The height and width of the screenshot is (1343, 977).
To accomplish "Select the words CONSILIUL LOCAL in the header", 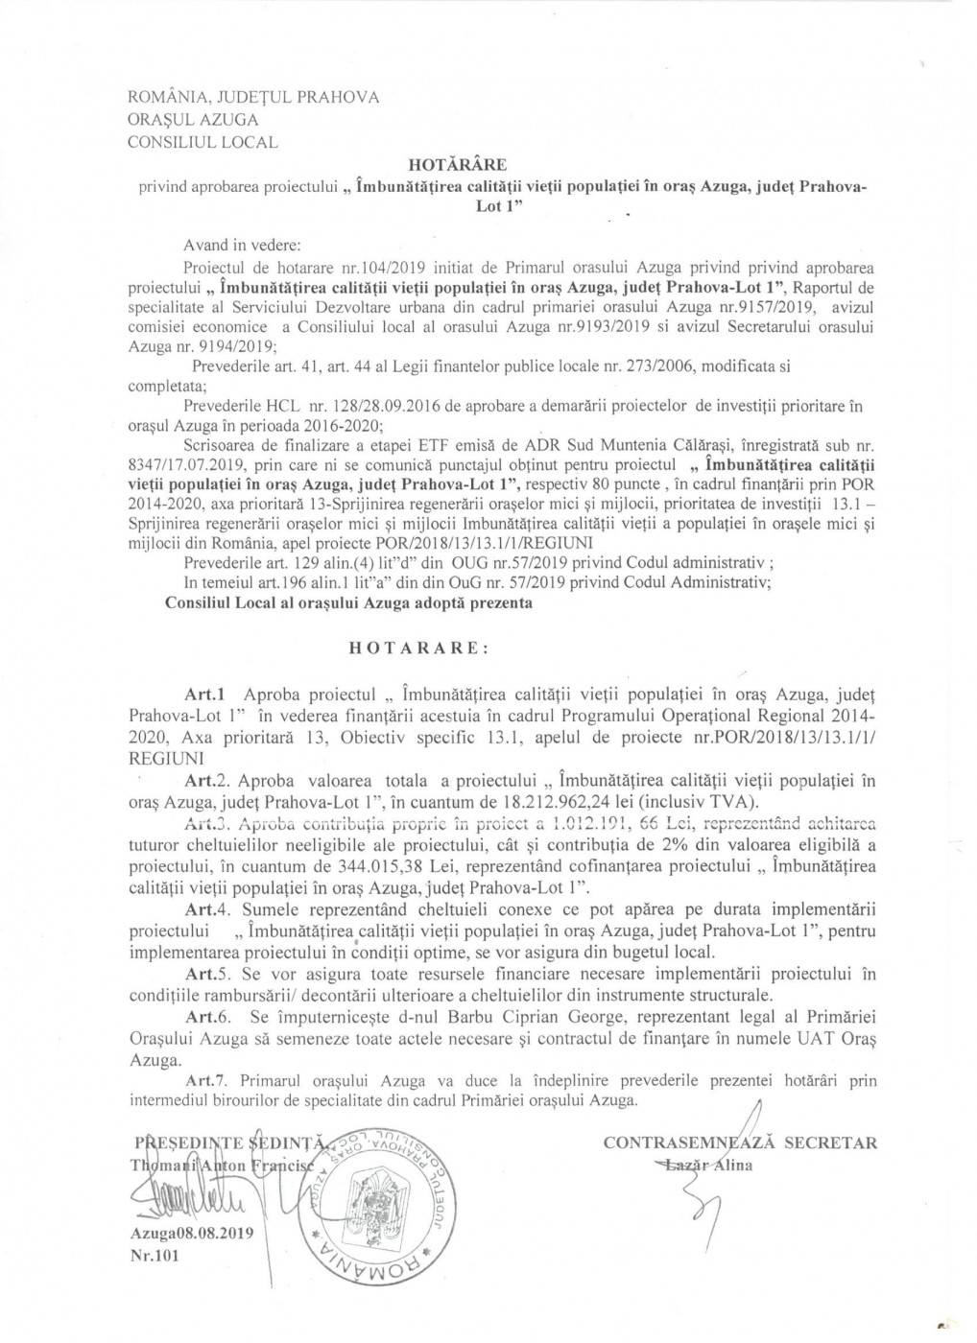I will (203, 143).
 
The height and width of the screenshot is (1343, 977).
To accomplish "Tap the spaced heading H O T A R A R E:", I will (418, 648).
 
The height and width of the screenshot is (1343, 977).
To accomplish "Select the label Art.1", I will (203, 694).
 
